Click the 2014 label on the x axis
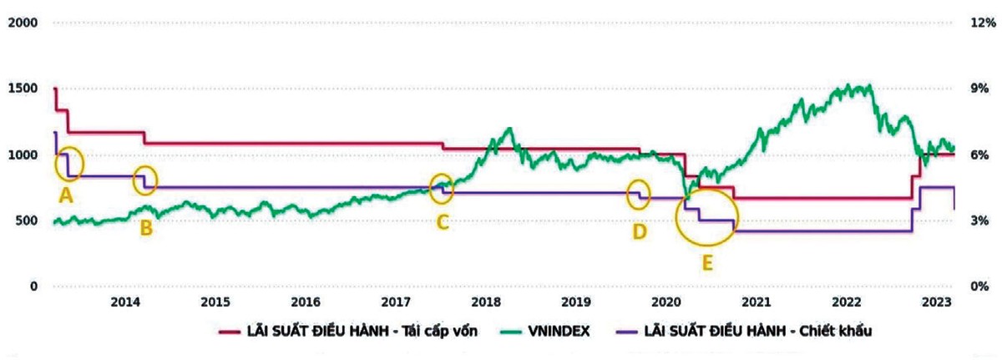click(124, 302)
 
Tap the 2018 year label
click(485, 302)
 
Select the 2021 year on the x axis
click(756, 302)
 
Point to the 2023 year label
click(936, 302)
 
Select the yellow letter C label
click(443, 222)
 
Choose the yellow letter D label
click(639, 231)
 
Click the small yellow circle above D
click(639, 194)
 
